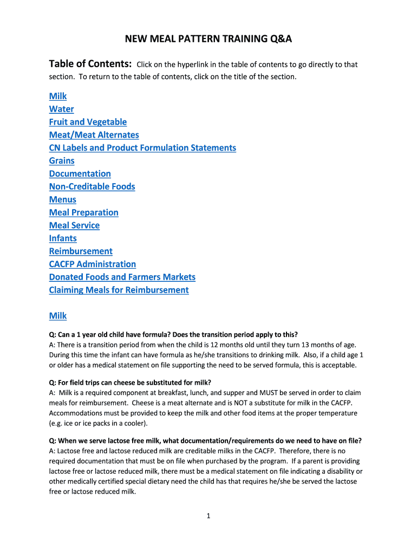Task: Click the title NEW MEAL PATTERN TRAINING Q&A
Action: point(208,39)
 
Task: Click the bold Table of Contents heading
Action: point(90,64)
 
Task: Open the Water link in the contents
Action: point(61,109)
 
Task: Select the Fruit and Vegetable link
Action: point(88,122)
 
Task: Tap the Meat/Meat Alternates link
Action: point(94,135)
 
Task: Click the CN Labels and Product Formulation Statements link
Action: point(142,148)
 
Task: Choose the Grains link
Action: point(62,161)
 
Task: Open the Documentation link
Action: point(80,174)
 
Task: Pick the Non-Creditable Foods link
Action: point(92,187)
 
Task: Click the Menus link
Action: point(62,199)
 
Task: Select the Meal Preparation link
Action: point(83,212)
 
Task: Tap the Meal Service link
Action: point(74,225)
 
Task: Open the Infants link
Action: point(63,238)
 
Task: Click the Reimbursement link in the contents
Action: point(81,251)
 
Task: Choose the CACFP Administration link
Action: point(92,264)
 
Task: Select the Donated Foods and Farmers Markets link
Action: point(122,277)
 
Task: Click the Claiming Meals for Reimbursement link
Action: point(119,291)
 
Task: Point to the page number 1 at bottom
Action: point(208,516)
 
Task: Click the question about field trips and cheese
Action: point(130,382)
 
